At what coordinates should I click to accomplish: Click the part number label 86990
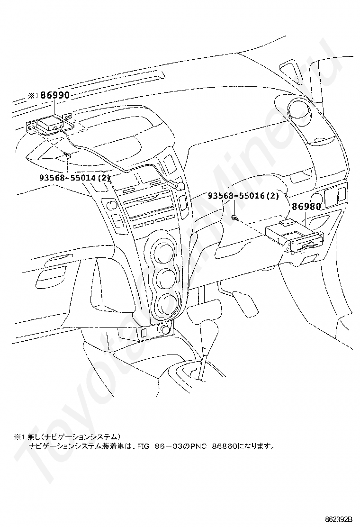pyautogui.click(x=55, y=95)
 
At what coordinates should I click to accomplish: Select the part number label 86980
pyautogui.click(x=306, y=207)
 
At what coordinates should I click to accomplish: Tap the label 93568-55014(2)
pyautogui.click(x=75, y=178)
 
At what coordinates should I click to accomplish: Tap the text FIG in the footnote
pyautogui.click(x=143, y=446)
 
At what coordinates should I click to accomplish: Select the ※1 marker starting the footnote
pyautogui.click(x=19, y=436)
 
